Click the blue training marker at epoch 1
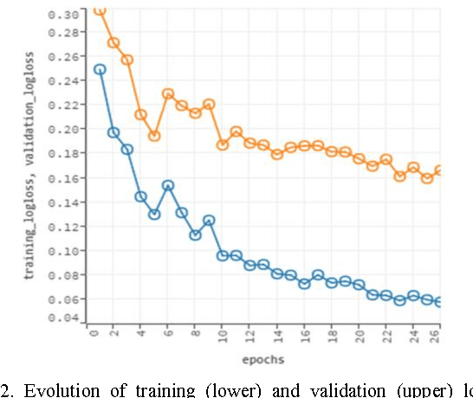[x=100, y=69]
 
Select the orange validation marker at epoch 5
[x=154, y=136]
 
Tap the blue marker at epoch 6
[x=168, y=185]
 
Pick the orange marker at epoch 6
[x=168, y=93]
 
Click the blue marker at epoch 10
[x=223, y=255]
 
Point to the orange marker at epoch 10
[x=223, y=144]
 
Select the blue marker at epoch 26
[x=440, y=302]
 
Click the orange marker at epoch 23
[x=399, y=176]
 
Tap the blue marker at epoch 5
[x=154, y=214]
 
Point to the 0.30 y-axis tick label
[x=64, y=15]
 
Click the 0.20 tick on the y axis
[x=64, y=129]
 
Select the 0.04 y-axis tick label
[x=64, y=318]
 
